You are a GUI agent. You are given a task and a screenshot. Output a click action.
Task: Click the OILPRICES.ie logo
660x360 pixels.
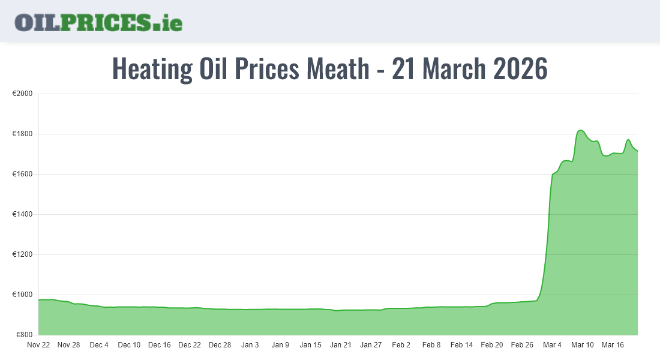click(x=98, y=22)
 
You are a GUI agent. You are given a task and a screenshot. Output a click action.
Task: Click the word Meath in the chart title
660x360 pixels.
click(x=338, y=69)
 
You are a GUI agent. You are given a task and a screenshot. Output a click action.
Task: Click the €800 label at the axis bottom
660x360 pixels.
click(x=24, y=335)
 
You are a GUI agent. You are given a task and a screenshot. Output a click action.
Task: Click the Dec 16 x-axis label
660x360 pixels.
click(x=160, y=345)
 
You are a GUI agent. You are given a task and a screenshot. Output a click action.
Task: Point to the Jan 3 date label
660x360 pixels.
click(x=250, y=345)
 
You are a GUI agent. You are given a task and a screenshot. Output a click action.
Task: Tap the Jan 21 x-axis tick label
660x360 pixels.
click(x=341, y=345)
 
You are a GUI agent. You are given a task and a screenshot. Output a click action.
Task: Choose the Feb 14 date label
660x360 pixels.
click(x=461, y=345)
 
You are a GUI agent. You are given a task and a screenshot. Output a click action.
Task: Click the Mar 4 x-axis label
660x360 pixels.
click(x=552, y=345)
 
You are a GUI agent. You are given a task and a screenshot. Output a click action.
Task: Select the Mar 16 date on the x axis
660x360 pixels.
click(x=613, y=345)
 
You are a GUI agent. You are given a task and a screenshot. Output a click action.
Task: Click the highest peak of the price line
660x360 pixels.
click(x=580, y=130)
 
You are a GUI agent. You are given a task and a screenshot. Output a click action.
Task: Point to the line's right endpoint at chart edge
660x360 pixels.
click(x=637, y=151)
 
